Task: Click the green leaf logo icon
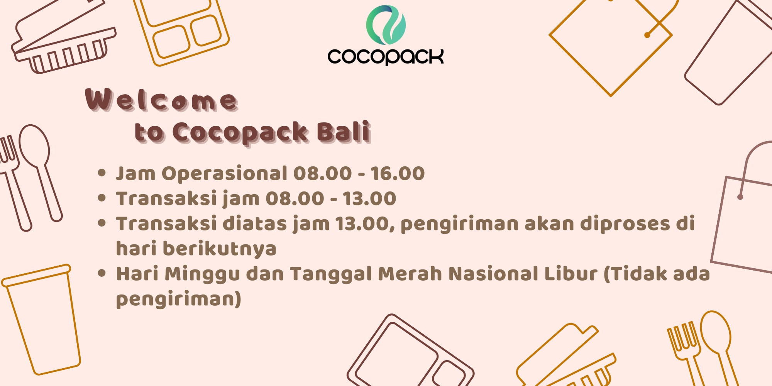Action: click(x=386, y=25)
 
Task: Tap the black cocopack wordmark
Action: click(x=386, y=56)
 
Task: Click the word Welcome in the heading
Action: click(x=161, y=100)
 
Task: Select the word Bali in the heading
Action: click(x=344, y=132)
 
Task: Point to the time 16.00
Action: click(x=398, y=173)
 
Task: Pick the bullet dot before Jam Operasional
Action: click(x=102, y=173)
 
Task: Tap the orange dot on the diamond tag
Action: click(x=647, y=35)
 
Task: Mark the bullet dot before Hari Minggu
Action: click(x=102, y=274)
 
